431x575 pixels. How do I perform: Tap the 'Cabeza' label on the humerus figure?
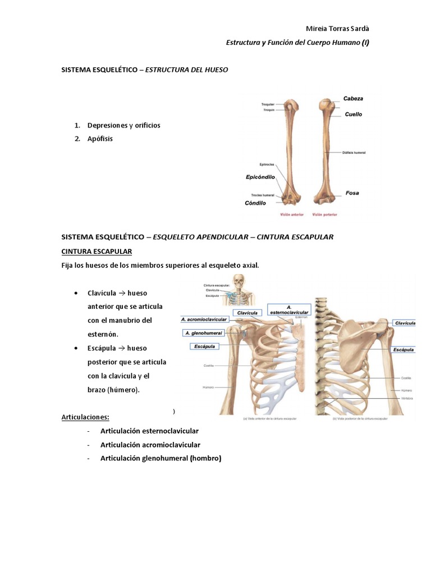tap(353, 99)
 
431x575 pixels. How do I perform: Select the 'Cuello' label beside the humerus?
tap(354, 115)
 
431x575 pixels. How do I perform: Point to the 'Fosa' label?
tap(352, 193)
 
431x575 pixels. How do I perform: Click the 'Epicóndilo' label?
tap(260, 177)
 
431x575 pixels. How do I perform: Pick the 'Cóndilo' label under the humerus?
tap(256, 203)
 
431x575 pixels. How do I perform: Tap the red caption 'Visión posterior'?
tap(324, 214)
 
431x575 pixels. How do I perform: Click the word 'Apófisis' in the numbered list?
tap(100, 139)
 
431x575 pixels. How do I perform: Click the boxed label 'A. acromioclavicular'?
tap(204, 319)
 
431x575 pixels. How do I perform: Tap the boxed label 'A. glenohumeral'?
tap(203, 333)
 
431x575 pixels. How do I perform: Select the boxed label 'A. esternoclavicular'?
tap(288, 310)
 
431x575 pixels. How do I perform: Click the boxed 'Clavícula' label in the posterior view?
tap(404, 323)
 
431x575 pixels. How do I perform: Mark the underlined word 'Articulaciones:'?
tap(85, 417)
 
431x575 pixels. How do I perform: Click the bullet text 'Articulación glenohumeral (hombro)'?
tap(161, 458)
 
